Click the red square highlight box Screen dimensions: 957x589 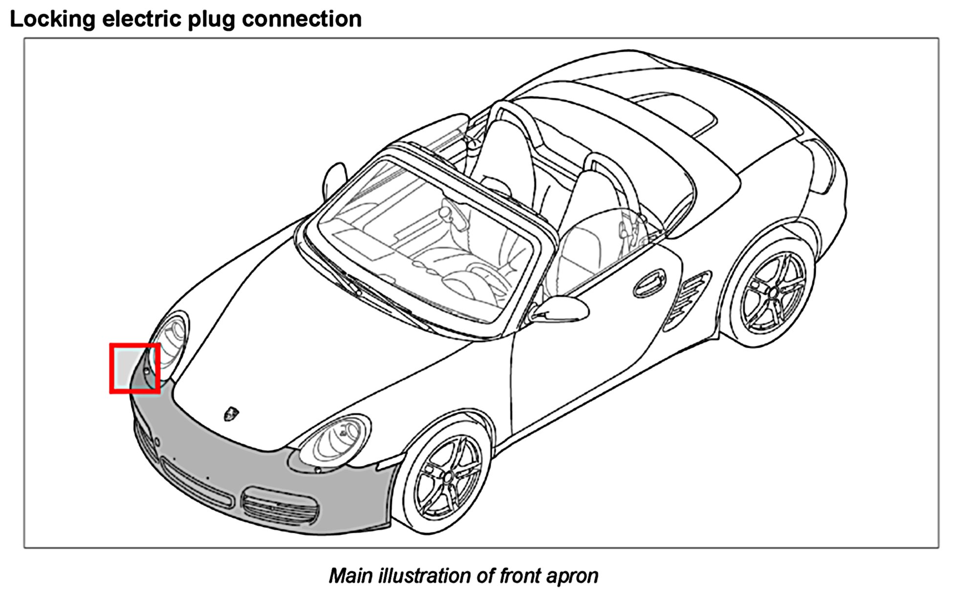[x=135, y=368]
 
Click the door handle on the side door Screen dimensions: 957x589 [x=649, y=283]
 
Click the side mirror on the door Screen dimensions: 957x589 [x=562, y=309]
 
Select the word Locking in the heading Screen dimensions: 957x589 [x=53, y=20]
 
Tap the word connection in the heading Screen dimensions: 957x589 [x=302, y=20]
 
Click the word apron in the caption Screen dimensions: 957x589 [x=572, y=576]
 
